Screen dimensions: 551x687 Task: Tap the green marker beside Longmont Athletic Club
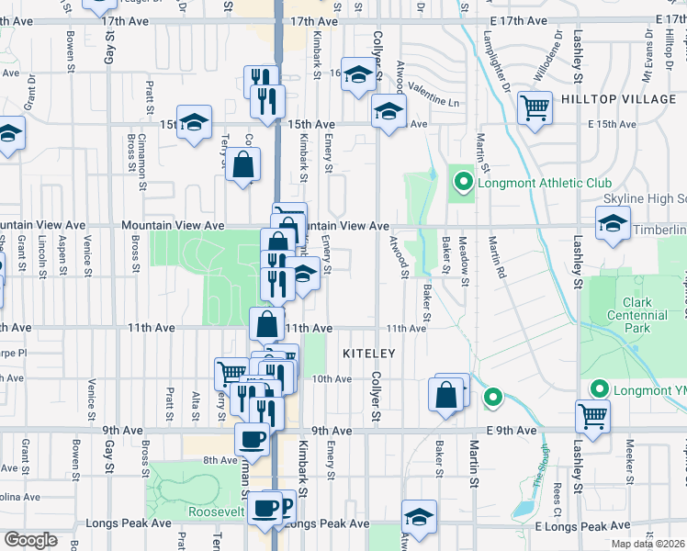tap(464, 183)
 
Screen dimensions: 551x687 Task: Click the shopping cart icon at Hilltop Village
tap(535, 108)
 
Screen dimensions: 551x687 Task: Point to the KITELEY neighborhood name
tap(368, 353)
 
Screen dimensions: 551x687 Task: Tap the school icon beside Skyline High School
tap(613, 223)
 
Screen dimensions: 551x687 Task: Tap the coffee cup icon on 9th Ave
tap(253, 438)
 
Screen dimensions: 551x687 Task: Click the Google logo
tap(30, 540)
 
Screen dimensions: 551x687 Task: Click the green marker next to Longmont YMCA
tap(602, 388)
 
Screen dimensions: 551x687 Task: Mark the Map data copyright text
tap(649, 545)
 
